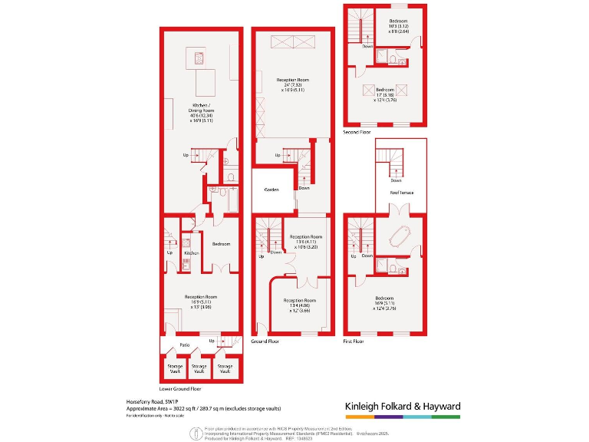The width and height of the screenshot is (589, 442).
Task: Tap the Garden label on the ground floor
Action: [271, 190]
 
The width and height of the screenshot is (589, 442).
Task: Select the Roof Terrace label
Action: [401, 193]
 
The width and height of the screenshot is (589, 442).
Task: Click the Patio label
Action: [185, 345]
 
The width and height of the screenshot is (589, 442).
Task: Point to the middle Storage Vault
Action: [199, 369]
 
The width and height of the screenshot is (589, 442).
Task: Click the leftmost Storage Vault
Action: [175, 369]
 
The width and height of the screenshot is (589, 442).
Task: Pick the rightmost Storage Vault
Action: [225, 369]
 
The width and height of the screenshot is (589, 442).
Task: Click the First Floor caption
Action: [354, 341]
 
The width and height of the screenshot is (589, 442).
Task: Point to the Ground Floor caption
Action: [265, 341]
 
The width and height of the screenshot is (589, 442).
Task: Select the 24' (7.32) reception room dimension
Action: [293, 84]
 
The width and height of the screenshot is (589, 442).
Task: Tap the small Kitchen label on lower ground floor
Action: [192, 252]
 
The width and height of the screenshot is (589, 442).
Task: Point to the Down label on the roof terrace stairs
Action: [396, 180]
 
